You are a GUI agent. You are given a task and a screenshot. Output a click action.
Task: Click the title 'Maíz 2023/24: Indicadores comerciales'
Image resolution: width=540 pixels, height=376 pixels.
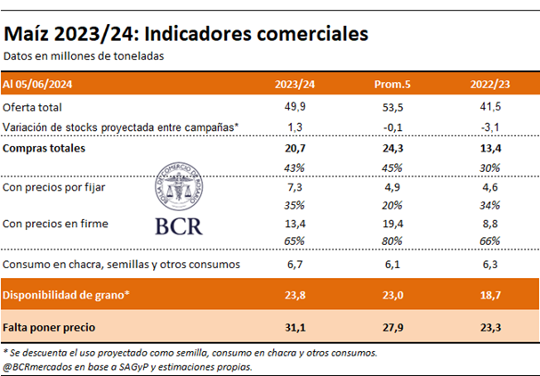pyautogui.click(x=186, y=34)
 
